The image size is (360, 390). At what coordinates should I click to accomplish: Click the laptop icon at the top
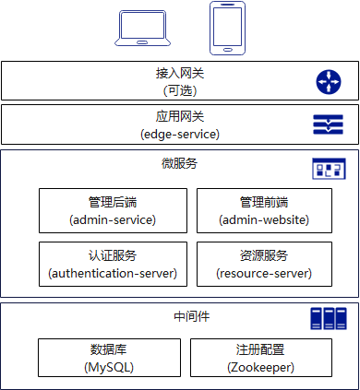point(142,29)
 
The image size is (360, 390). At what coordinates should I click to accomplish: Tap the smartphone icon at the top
point(227,29)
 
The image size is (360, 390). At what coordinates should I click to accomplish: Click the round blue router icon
point(329,82)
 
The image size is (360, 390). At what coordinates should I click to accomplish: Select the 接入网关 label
point(180,74)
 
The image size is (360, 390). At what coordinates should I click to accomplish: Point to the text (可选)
point(180,90)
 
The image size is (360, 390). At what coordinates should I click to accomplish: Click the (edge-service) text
point(180,135)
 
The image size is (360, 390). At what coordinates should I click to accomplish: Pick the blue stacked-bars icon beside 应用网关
point(328,124)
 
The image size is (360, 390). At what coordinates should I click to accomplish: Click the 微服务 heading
point(180,163)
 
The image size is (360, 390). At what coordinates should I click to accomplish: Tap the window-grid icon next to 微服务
point(329,169)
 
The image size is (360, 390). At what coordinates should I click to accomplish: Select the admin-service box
point(113,211)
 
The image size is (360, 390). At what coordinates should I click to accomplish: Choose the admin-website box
point(264,211)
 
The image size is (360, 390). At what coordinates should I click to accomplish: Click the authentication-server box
point(113,265)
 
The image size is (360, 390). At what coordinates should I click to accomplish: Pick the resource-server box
point(264,265)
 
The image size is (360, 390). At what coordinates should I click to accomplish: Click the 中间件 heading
point(192,316)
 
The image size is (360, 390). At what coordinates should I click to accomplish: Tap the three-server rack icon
point(329,319)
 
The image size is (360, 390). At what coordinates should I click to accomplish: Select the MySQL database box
point(109,358)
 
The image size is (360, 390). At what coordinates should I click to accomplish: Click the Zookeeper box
point(261,358)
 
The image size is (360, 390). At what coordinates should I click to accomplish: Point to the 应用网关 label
point(180,117)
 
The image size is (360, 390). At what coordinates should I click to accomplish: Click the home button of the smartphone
point(227,50)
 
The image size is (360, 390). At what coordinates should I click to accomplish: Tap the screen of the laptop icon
point(142,25)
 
